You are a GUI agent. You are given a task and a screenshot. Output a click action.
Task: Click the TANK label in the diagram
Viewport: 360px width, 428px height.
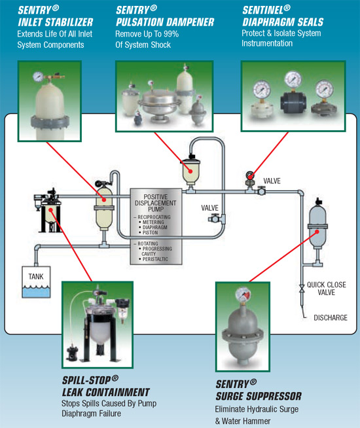click(36, 277)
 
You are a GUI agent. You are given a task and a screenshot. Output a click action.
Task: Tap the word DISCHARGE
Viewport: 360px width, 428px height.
click(331, 317)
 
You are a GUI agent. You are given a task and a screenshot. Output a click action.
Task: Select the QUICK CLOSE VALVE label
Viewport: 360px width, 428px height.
click(327, 289)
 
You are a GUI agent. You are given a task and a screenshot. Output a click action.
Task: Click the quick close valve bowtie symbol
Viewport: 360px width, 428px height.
click(302, 289)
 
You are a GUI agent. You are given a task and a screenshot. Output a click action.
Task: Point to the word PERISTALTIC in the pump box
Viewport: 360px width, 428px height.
click(155, 259)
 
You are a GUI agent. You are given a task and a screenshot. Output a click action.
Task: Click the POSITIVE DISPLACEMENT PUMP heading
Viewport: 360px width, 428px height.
click(156, 203)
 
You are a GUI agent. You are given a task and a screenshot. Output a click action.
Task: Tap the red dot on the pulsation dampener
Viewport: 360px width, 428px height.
click(190, 171)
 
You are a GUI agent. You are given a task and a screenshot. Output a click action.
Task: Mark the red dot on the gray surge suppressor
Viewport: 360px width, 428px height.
click(317, 232)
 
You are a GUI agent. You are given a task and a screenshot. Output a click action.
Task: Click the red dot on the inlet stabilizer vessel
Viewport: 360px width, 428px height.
click(104, 200)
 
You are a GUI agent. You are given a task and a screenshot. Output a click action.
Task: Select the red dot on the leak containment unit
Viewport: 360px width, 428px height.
click(51, 210)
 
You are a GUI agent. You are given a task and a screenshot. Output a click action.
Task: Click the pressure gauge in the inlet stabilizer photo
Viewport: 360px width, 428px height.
click(38, 77)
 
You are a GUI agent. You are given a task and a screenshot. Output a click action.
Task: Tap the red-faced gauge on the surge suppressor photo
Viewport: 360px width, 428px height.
click(243, 294)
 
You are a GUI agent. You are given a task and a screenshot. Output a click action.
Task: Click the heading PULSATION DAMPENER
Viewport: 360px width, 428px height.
click(165, 22)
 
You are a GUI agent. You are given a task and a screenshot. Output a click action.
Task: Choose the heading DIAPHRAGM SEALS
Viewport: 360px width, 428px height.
click(283, 22)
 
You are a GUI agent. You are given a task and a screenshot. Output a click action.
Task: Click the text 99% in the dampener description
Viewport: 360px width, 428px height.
click(171, 34)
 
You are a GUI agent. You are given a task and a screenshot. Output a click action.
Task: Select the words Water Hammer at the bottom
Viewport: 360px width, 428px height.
click(246, 421)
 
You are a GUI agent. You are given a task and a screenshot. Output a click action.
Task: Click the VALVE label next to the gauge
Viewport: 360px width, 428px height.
click(272, 181)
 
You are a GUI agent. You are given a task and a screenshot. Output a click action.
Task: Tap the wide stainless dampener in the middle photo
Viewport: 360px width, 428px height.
click(160, 105)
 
